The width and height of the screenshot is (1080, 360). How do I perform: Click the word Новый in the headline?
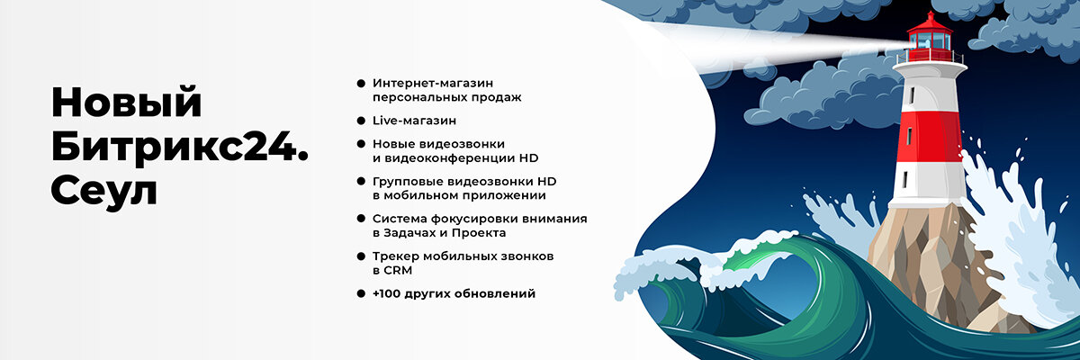tap(126, 102)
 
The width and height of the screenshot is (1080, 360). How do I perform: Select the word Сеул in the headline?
tap(104, 190)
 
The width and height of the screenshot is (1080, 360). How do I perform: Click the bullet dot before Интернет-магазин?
tap(361, 82)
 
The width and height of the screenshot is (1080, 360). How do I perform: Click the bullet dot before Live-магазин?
tap(361, 120)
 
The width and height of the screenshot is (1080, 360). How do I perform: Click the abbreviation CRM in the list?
tap(401, 270)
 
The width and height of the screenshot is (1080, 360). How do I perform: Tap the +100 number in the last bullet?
tap(389, 293)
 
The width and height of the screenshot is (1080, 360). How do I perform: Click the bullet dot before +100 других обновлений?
tap(361, 293)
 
